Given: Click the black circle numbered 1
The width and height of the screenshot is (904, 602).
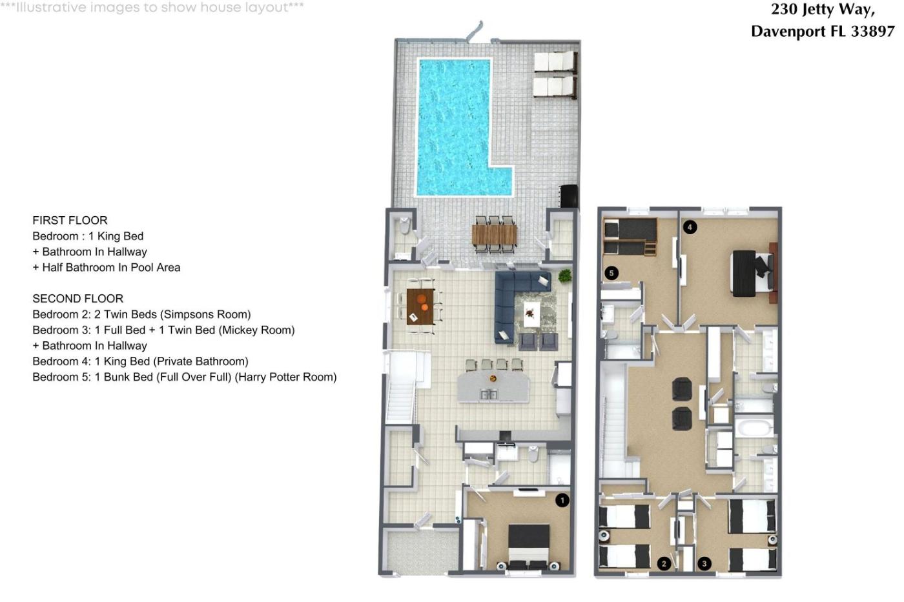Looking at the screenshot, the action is (x=562, y=501).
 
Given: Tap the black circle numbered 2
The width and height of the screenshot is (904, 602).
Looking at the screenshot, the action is (x=664, y=563).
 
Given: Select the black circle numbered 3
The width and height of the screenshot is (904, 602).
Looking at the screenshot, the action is (x=704, y=563).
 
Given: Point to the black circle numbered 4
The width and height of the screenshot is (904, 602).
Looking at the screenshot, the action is (x=690, y=227).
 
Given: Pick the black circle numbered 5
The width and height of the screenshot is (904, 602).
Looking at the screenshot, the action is (x=611, y=273).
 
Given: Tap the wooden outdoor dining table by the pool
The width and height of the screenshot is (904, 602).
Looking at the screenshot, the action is (x=495, y=235).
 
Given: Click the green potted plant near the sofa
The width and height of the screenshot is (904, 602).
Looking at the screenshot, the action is (x=565, y=276).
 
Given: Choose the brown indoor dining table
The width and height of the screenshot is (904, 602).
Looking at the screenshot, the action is (x=420, y=306).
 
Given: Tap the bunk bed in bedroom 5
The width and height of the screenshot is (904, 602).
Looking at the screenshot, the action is (x=630, y=237).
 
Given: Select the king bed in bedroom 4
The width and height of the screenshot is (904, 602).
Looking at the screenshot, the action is (x=753, y=273).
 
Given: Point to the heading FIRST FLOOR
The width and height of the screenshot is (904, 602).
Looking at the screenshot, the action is (x=70, y=220).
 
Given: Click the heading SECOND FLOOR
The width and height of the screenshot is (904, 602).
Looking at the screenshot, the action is (x=78, y=298).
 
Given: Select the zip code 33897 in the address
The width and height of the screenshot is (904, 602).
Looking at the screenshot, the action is (x=872, y=31).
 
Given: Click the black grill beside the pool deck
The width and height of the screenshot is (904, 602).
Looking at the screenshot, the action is (x=568, y=196).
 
